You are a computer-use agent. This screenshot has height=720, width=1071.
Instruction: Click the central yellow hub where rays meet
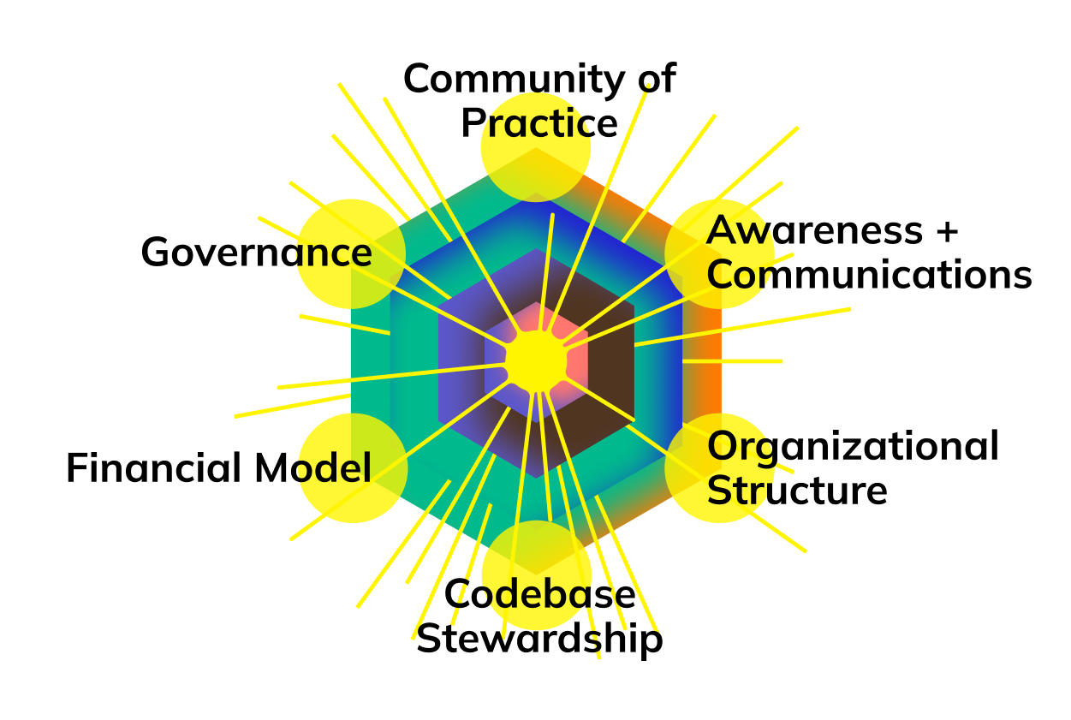click(536, 361)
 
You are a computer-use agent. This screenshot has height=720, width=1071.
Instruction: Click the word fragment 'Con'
click(736, 275)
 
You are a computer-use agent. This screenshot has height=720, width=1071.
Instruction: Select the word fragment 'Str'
click(736, 491)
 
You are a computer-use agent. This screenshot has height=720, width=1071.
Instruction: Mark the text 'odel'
click(330, 469)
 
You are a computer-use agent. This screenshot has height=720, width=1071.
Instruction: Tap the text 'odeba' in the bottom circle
click(536, 594)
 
